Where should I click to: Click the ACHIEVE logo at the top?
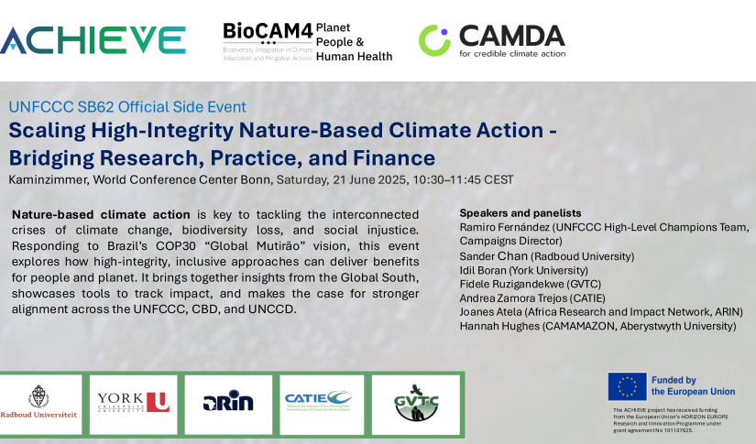(x=93, y=38)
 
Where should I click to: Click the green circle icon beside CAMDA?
(x=434, y=40)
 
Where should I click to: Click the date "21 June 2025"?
(x=354, y=179)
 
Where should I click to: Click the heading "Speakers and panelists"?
(x=520, y=212)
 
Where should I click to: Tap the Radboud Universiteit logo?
(x=39, y=402)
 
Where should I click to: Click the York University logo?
(x=133, y=402)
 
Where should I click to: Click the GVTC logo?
(x=413, y=402)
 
